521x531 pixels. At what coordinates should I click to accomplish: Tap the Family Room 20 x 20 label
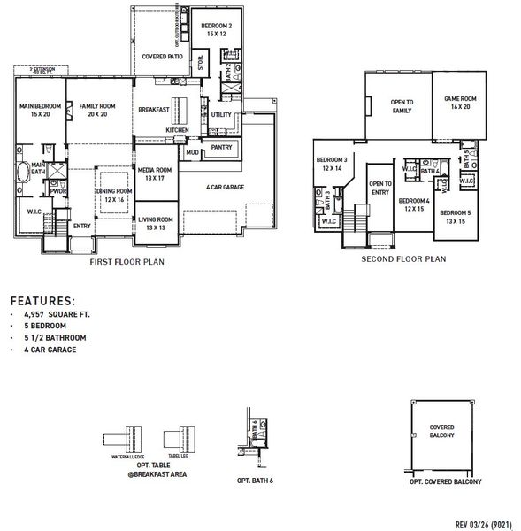coord(92,111)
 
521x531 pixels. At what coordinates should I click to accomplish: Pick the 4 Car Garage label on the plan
coord(226,188)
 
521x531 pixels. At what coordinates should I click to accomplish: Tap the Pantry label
coord(221,147)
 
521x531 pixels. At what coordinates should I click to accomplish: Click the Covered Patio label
coord(163,57)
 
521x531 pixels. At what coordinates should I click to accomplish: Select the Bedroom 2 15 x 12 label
coord(216,30)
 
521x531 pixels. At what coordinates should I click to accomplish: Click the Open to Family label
coord(402,107)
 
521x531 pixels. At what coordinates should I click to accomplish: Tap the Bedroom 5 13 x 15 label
coord(456,217)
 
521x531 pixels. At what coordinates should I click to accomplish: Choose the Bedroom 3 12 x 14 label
coord(332,164)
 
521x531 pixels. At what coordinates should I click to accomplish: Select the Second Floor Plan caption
coord(403,259)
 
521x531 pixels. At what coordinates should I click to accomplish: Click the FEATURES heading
coord(42,301)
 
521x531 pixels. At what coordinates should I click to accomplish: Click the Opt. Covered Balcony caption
coord(445,481)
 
